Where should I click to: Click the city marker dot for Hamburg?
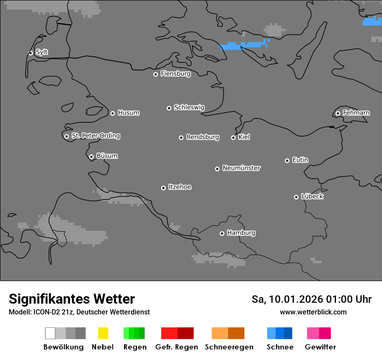point(222,233)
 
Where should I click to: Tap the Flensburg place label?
point(175,74)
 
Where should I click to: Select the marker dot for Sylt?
point(30,53)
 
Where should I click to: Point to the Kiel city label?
point(244,137)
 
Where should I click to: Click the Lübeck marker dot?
point(296,197)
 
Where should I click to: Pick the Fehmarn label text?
point(356,113)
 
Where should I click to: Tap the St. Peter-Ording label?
point(95,136)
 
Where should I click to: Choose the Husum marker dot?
point(112,113)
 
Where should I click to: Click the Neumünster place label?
point(241,168)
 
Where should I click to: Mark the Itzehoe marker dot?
point(163,188)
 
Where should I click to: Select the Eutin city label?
point(300,160)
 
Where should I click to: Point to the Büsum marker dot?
point(91,157)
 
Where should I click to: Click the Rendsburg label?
point(203,137)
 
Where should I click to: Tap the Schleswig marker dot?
point(169,108)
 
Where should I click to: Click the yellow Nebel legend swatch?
point(103,333)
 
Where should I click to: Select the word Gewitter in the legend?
point(320,347)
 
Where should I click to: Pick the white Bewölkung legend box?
point(50,333)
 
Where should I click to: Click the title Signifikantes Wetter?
point(72,299)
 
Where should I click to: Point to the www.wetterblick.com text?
point(313,312)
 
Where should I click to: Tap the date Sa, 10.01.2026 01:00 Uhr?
point(311,299)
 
